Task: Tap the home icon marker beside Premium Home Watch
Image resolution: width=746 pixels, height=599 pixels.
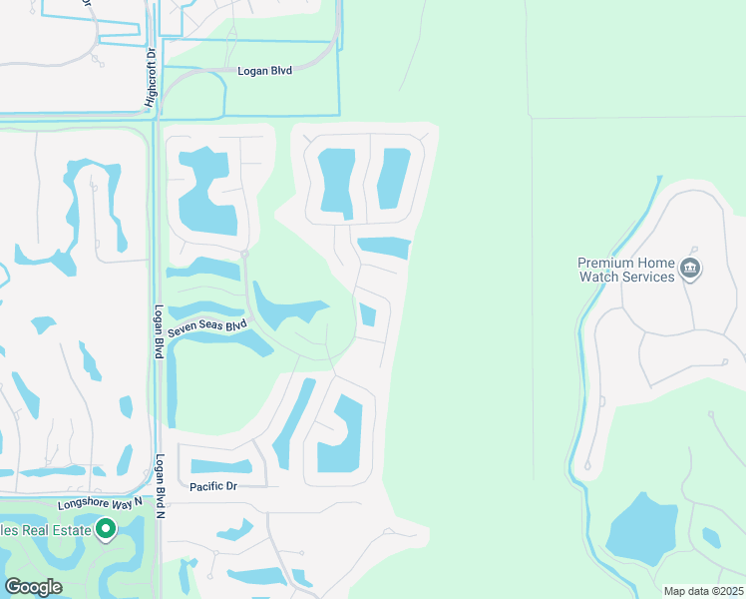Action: click(x=691, y=269)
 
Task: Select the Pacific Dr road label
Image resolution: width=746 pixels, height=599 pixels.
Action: click(x=212, y=486)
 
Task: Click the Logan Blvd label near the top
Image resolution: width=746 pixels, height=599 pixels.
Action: click(x=264, y=71)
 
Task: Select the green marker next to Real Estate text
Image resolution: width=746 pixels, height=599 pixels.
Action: click(x=106, y=529)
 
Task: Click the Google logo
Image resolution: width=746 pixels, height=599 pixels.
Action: click(x=33, y=587)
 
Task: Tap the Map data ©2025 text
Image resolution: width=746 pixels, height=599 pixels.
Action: click(x=702, y=591)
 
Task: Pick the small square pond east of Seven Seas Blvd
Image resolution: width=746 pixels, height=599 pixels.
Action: click(x=368, y=315)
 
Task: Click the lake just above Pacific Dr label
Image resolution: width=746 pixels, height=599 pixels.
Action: click(x=220, y=466)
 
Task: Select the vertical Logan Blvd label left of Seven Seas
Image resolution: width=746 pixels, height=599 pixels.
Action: click(x=159, y=331)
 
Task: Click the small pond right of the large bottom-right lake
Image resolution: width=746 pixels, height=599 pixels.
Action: click(x=710, y=538)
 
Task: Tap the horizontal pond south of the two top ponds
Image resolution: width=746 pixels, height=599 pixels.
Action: click(x=384, y=247)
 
